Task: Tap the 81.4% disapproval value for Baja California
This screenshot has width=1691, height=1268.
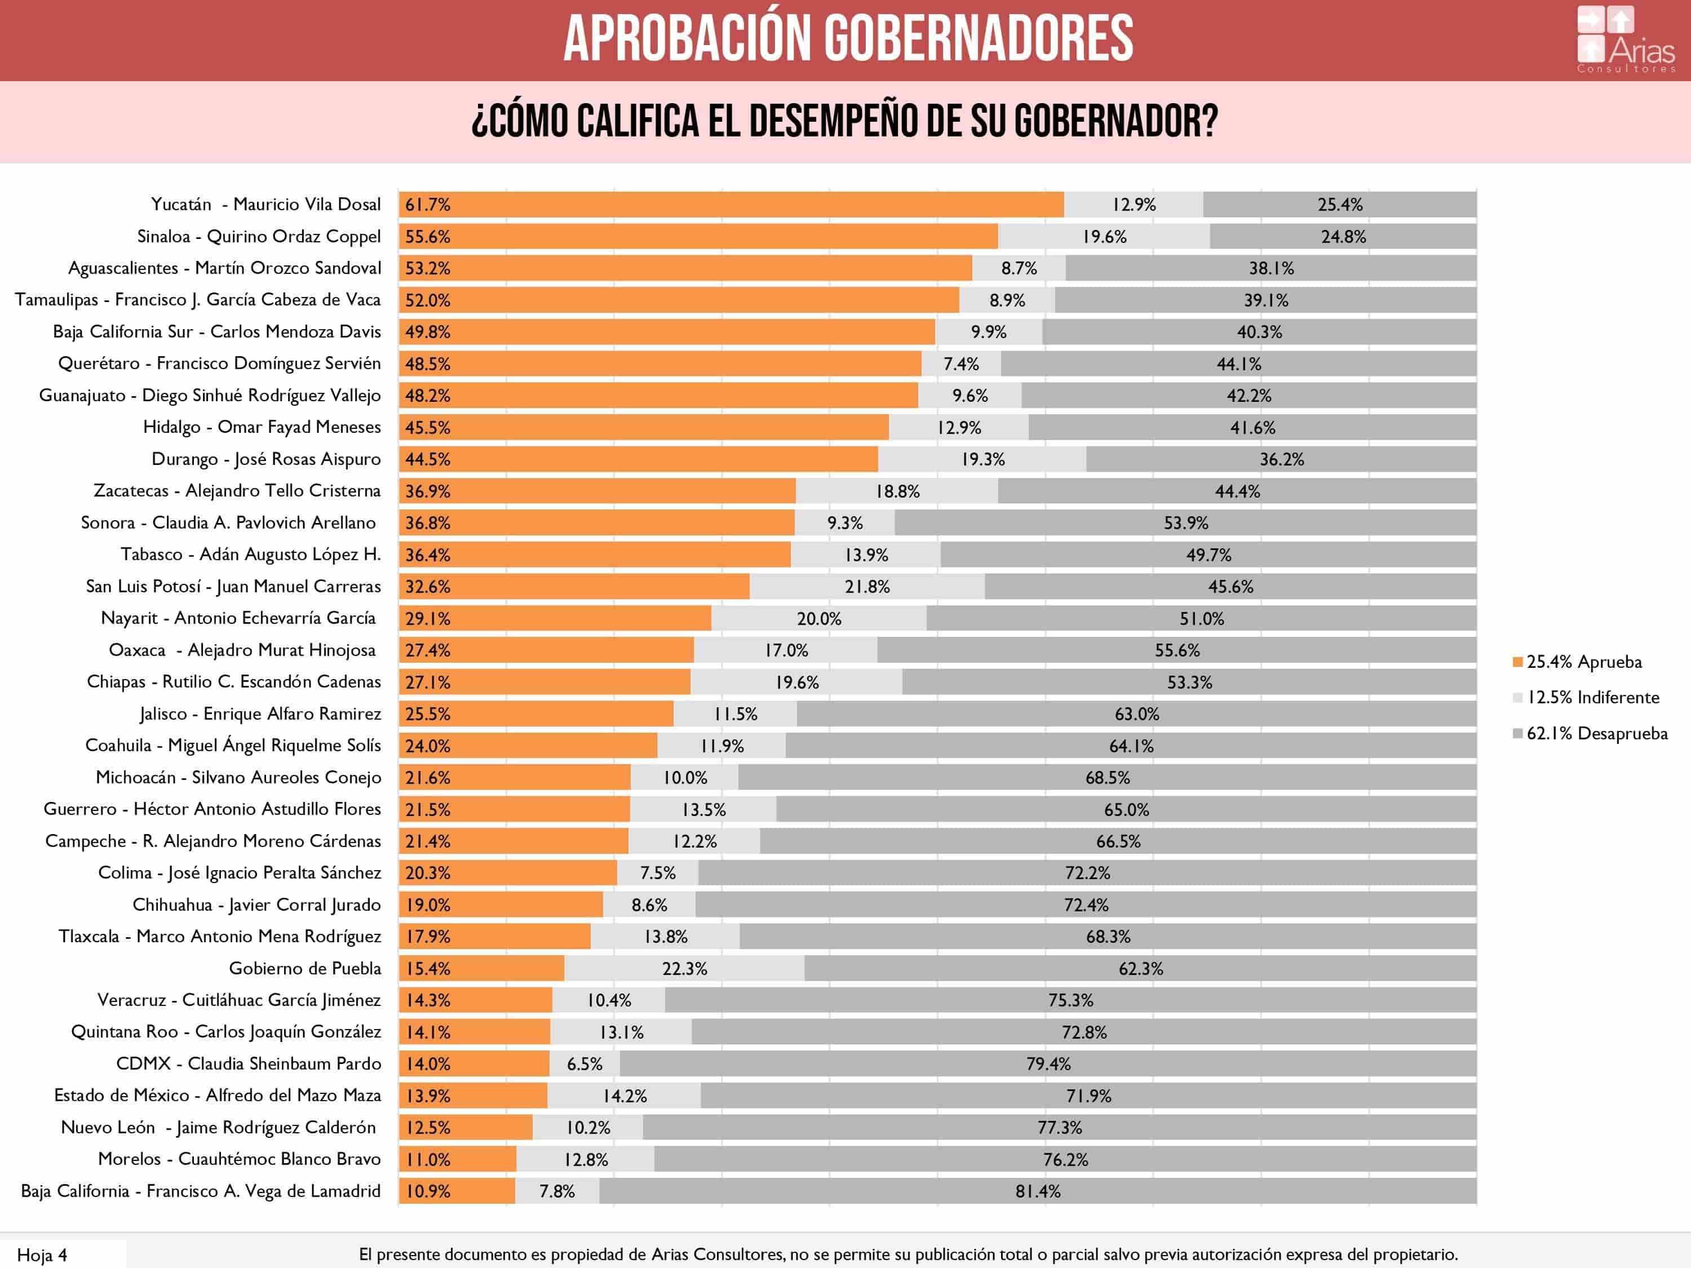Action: click(x=1037, y=1191)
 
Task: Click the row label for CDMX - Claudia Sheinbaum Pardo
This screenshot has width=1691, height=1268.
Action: click(x=249, y=1064)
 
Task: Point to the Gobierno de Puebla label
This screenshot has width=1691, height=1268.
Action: click(x=305, y=968)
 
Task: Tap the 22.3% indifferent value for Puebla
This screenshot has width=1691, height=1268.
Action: click(x=684, y=968)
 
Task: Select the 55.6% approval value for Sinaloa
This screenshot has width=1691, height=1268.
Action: click(x=427, y=237)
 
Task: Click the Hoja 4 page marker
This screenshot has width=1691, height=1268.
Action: click(x=42, y=1255)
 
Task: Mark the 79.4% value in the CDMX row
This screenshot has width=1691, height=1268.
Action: click(x=1048, y=1064)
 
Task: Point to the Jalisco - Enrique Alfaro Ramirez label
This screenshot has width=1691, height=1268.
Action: click(x=260, y=714)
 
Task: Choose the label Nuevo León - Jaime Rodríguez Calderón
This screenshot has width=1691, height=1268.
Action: click(x=219, y=1127)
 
